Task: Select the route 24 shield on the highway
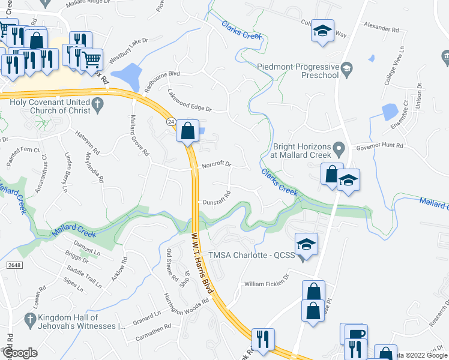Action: coord(171,122)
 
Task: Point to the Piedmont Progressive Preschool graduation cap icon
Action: coord(346,71)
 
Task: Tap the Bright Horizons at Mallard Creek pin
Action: coord(339,146)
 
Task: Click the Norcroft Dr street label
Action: coord(216,164)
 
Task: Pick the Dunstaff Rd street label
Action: coord(216,199)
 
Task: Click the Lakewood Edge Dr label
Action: coord(190,101)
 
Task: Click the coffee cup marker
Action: coord(355,334)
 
